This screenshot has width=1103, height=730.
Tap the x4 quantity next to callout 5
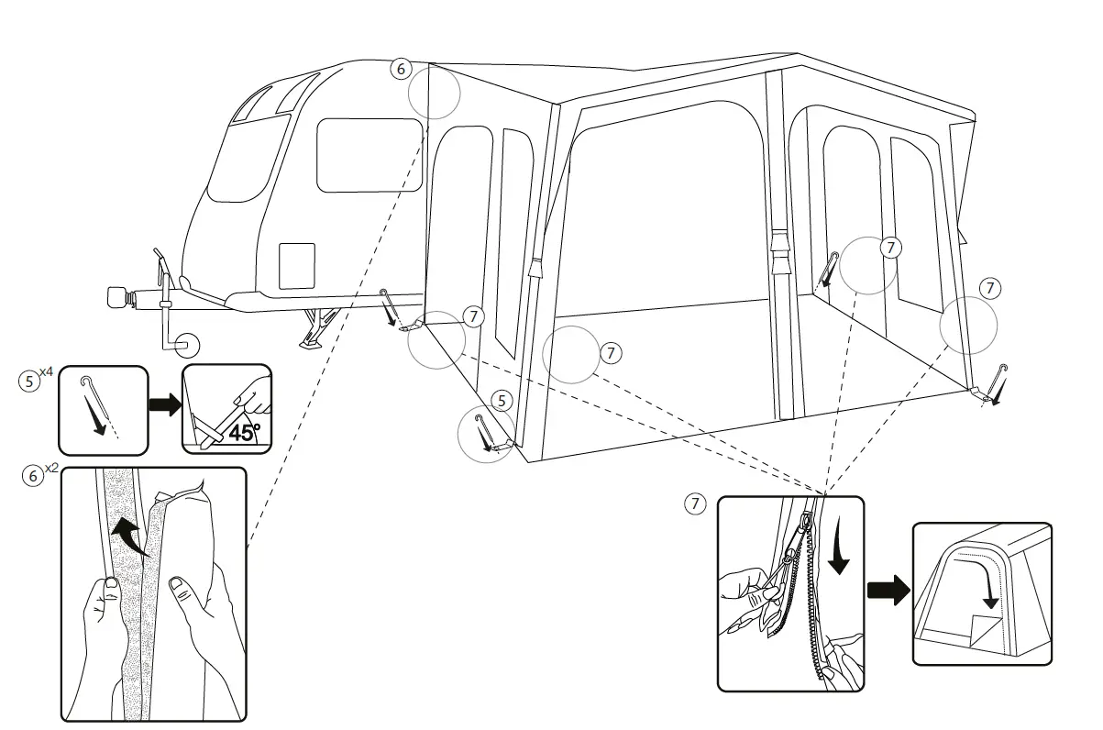47,371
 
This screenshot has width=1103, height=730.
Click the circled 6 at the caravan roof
399,68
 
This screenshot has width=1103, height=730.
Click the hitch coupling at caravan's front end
117,297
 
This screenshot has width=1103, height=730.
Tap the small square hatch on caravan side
296,266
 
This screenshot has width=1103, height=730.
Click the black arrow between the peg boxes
165,405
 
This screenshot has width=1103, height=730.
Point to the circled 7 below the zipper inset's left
696,503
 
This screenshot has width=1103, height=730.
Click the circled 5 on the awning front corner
500,400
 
